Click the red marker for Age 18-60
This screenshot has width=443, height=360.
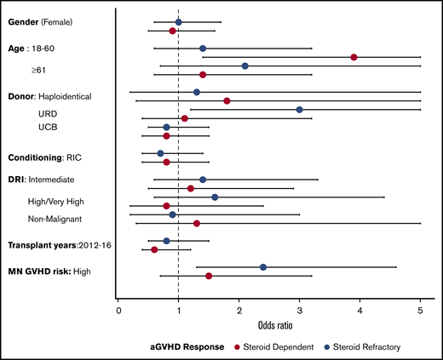(x=354, y=57)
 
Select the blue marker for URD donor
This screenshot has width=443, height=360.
(x=299, y=110)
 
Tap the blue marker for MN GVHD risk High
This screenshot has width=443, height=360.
(x=263, y=267)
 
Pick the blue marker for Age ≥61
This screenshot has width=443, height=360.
(x=245, y=66)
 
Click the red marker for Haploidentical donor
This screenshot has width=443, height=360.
(x=227, y=100)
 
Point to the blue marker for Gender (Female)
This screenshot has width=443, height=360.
(x=178, y=22)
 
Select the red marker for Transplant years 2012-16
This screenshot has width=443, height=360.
(x=154, y=249)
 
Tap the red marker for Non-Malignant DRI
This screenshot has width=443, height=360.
(x=197, y=223)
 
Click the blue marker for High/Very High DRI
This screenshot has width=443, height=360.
(x=215, y=197)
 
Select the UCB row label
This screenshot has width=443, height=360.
(x=48, y=127)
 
